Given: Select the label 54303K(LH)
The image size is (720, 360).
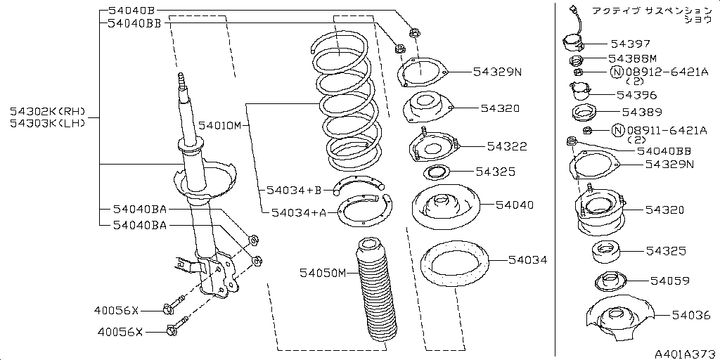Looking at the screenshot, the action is click(48, 124).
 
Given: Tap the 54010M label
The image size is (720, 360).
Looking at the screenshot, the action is click(220, 125).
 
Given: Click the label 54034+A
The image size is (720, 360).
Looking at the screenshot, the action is click(300, 212).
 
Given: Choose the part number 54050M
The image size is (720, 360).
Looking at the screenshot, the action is click(322, 273).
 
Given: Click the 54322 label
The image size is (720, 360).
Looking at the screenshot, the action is click(507, 146).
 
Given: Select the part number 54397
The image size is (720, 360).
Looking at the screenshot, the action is click(631, 44).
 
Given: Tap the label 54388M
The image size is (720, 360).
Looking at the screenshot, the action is click(633, 58).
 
